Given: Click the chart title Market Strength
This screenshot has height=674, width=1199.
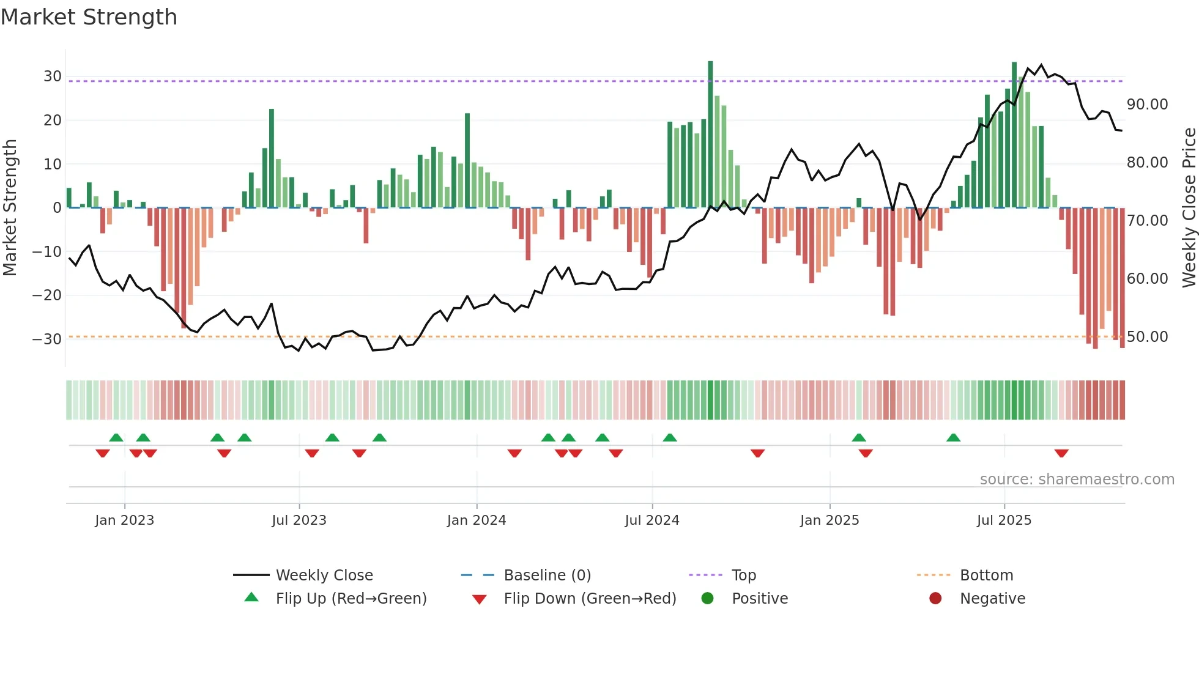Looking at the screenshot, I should (x=89, y=17).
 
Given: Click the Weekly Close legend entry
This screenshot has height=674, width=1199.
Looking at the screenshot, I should (x=324, y=575).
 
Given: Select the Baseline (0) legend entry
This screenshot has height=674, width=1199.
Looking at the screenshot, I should (x=547, y=575).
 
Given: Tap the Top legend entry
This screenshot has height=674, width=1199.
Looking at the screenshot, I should (x=743, y=575).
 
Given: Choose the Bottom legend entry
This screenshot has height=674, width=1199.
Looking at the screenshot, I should (x=986, y=575).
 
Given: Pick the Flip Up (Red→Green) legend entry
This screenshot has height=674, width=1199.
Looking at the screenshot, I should (x=351, y=598).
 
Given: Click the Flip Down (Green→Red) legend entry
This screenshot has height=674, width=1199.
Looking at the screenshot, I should (x=590, y=598).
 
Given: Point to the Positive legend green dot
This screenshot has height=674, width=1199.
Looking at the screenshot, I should (x=708, y=598).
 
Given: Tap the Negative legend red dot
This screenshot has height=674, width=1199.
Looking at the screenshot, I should (x=935, y=598).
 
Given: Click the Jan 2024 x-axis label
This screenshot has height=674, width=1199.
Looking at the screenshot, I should (x=477, y=520).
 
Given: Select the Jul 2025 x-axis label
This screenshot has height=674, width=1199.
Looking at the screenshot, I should (x=1004, y=520).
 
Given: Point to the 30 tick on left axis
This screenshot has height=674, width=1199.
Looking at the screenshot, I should (x=53, y=76).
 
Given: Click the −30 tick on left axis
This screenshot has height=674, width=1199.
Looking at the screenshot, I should (x=47, y=339).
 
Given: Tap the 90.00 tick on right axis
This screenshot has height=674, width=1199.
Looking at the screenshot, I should (x=1147, y=105).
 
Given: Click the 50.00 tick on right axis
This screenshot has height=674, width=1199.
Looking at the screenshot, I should (x=1147, y=337).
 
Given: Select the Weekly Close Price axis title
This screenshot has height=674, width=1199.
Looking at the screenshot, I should (x=1189, y=208).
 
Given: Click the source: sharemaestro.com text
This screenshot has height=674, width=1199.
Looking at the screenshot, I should (x=1077, y=480).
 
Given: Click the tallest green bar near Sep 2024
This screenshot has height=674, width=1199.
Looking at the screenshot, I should (x=710, y=135).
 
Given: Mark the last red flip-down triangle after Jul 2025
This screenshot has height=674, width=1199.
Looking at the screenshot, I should (x=1061, y=453).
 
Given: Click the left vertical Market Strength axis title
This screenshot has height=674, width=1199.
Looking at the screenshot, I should (x=10, y=208).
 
